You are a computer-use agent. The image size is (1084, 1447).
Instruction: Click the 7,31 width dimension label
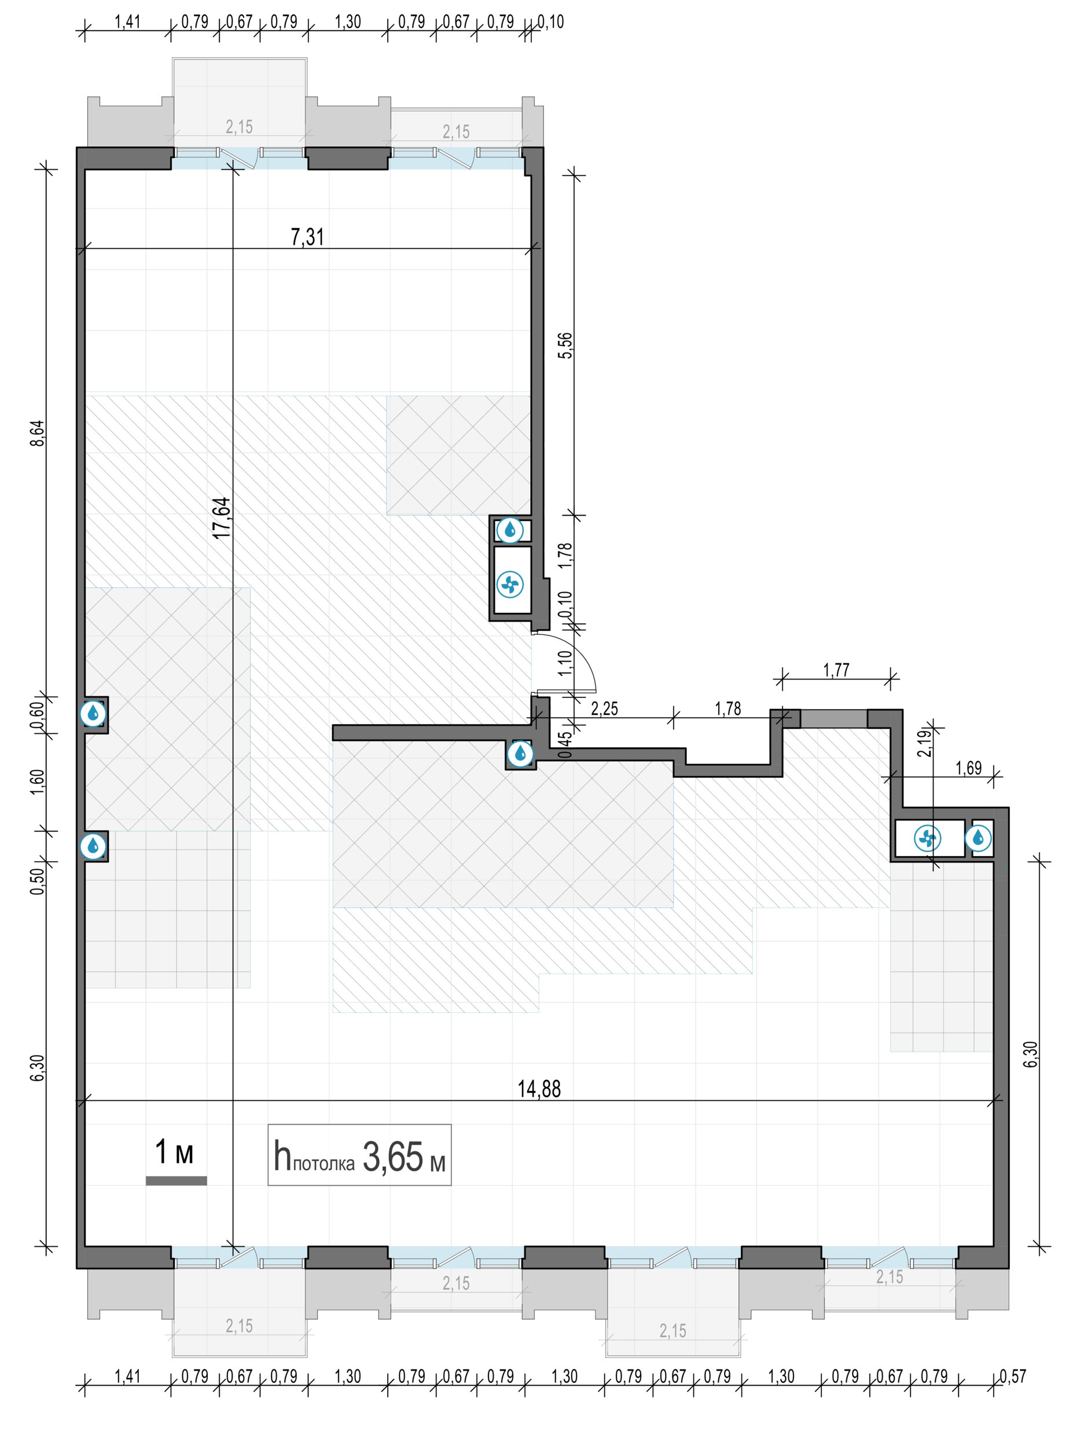[307, 236]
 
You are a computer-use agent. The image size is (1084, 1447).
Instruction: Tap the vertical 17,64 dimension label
[222, 518]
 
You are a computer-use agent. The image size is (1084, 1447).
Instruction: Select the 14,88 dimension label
[539, 1089]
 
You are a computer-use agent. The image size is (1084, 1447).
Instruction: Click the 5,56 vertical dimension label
[565, 346]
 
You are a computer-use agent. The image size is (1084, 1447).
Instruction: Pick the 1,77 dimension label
[836, 670]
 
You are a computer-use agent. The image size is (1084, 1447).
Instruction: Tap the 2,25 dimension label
[604, 708]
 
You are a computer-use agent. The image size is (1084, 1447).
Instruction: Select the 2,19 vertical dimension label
[925, 743]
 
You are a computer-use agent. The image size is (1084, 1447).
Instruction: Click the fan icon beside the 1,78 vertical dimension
[510, 584]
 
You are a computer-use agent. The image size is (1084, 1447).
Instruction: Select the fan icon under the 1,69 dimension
[927, 838]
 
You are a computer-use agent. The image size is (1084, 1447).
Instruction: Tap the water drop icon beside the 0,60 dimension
[93, 714]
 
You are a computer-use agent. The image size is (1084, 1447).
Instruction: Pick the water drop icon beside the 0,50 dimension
[93, 846]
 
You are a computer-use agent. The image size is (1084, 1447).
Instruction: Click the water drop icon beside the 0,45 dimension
[520, 753]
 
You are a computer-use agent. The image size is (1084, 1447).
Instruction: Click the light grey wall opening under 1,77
[834, 718]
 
